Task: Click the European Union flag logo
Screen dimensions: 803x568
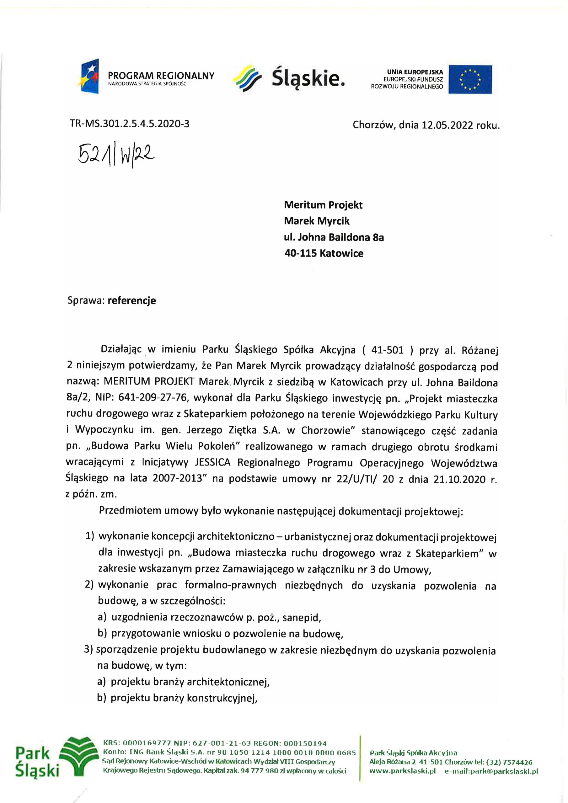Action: coord(470,79)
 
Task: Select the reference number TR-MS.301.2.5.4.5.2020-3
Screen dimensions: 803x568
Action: coord(130,124)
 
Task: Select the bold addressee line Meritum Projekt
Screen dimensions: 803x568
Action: coord(323,205)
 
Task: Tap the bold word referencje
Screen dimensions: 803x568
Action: coord(131,300)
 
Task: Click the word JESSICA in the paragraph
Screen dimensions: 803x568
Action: coord(212,462)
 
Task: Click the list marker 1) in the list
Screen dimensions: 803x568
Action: coord(90,536)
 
